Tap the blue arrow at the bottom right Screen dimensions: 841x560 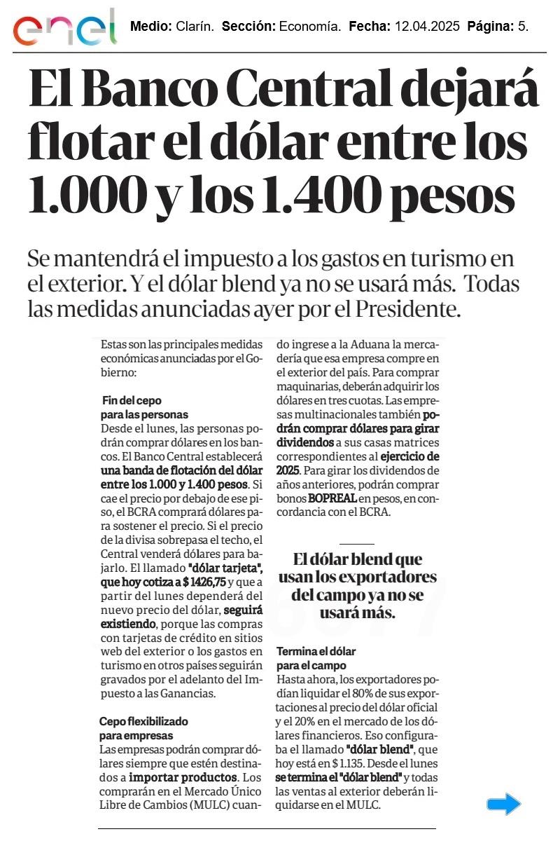504,804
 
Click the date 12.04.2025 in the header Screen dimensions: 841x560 427,27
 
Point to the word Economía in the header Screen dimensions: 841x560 309,27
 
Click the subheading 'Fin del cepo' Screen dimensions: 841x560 132,401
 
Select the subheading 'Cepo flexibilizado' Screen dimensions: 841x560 143,720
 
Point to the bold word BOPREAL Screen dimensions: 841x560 332,498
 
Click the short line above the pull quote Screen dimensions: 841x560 356,544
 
